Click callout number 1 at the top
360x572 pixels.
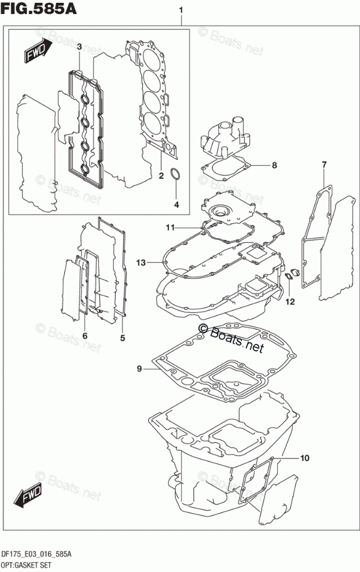tap(182, 10)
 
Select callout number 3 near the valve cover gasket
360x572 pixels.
tap(79, 47)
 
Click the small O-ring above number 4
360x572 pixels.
tap(177, 176)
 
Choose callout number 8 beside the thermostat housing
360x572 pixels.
tap(274, 166)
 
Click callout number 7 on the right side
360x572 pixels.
tap(324, 166)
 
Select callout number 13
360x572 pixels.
tap(140, 263)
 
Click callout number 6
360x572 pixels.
tap(85, 336)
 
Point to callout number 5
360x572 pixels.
tap(122, 336)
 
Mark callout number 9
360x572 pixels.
tap(139, 368)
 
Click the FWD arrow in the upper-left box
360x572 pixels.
tap(36, 53)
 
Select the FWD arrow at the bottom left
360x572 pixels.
tap(25, 496)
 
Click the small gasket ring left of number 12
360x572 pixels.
tap(286, 280)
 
